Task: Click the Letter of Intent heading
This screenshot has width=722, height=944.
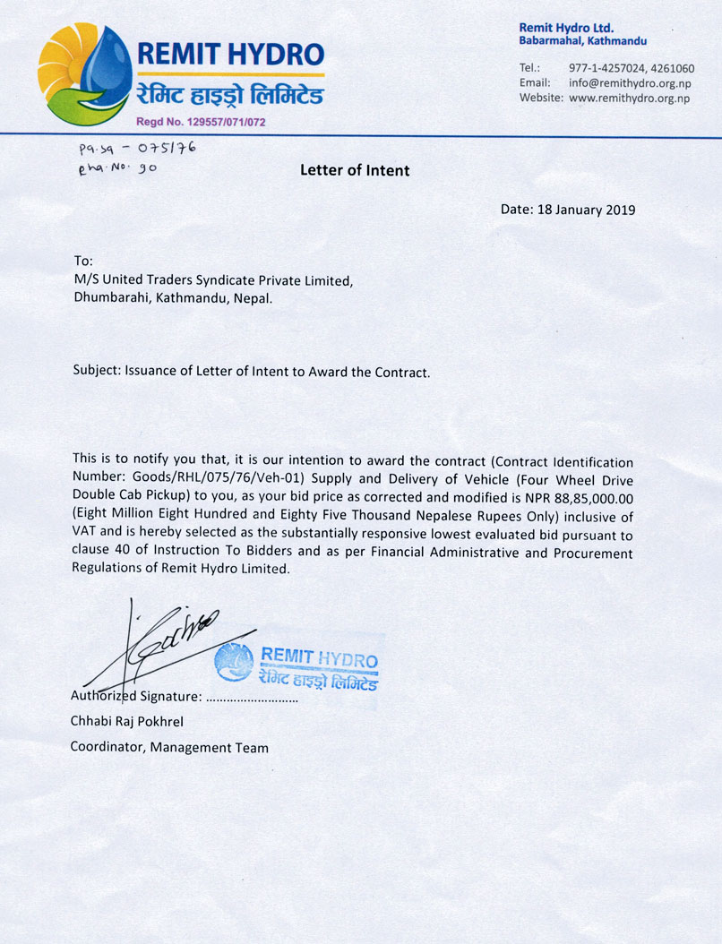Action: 355,169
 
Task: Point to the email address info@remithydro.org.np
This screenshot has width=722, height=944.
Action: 630,83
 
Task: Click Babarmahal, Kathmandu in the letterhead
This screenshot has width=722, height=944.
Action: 582,41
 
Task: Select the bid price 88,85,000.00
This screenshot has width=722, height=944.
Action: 585,500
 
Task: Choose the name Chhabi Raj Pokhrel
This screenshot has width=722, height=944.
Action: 128,721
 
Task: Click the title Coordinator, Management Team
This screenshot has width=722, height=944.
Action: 169,747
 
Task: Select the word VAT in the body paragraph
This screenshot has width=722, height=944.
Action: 86,535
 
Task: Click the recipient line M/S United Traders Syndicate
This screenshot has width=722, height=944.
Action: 213,280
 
